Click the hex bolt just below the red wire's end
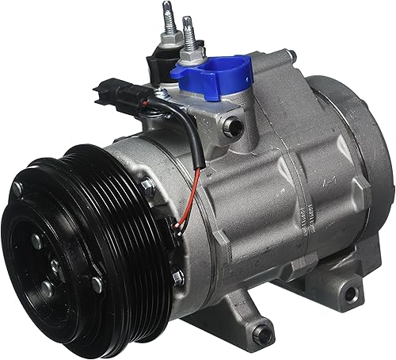pyautogui.click(x=179, y=276)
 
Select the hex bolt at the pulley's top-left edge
pyautogui.click(x=17, y=189)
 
